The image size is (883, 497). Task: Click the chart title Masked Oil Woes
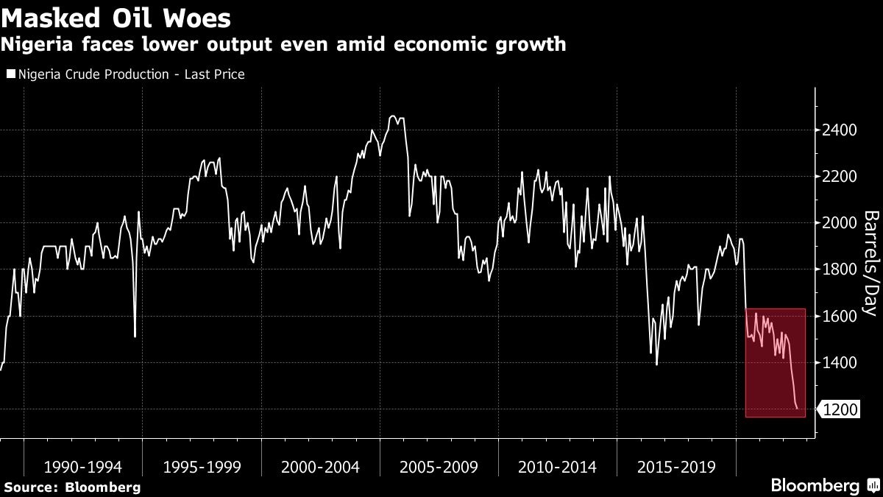(116, 18)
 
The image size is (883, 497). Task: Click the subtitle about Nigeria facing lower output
(283, 45)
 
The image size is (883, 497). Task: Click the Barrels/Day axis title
(870, 263)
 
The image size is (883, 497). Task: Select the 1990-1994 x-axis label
(83, 467)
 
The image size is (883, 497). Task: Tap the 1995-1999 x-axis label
(202, 467)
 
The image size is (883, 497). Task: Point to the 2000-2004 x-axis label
(320, 467)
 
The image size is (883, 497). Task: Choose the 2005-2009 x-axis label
(439, 467)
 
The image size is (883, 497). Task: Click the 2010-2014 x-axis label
(558, 467)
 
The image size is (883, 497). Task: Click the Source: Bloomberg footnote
(71, 487)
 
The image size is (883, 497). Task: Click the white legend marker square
(10, 74)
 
